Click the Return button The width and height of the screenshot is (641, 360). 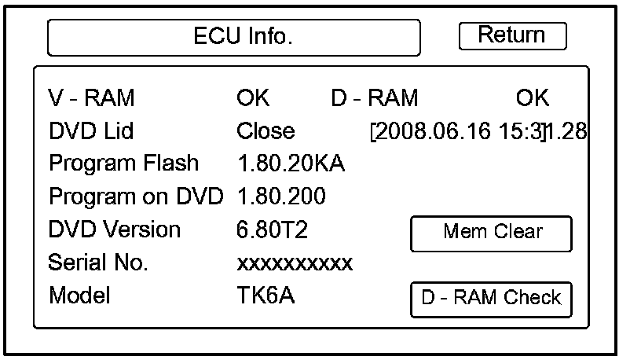(512, 35)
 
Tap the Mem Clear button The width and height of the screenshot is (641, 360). (492, 233)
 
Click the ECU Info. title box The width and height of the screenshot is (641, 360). (233, 38)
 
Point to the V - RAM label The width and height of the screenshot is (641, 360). (92, 98)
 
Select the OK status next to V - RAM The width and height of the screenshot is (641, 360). (253, 98)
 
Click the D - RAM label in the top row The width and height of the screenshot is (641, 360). (375, 98)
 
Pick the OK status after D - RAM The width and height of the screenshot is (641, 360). (533, 98)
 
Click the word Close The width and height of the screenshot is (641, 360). (266, 131)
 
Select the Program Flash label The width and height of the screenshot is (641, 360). (123, 163)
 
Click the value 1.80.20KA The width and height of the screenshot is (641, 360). (291, 164)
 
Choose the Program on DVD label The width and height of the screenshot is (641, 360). (136, 196)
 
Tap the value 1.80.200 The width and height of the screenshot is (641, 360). (281, 196)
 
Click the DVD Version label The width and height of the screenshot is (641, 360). (115, 230)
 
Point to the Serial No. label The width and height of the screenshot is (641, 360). (97, 262)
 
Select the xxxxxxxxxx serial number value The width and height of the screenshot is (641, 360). (295, 263)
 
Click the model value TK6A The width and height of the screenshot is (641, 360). (266, 296)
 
